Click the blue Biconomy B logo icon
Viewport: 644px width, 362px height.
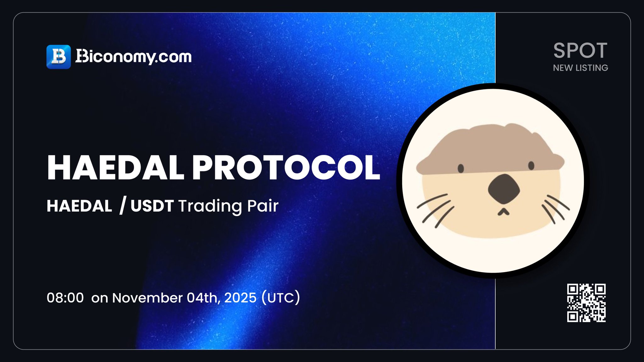pos(58,57)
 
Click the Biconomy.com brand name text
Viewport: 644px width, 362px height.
pos(133,57)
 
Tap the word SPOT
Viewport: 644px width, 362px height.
pos(580,51)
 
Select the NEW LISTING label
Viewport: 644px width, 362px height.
pos(580,68)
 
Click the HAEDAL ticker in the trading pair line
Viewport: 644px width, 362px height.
pos(79,206)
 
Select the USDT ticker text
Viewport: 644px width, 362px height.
pos(152,206)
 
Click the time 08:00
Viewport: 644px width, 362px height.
pos(65,298)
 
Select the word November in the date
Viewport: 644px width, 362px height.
pos(147,298)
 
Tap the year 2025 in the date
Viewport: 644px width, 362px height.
pos(240,298)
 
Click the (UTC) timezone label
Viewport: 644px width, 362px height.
pos(280,298)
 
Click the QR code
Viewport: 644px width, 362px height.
pos(586,303)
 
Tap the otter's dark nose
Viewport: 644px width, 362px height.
pos(504,189)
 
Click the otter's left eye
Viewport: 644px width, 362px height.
pos(461,168)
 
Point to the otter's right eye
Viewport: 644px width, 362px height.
pos(531,166)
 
